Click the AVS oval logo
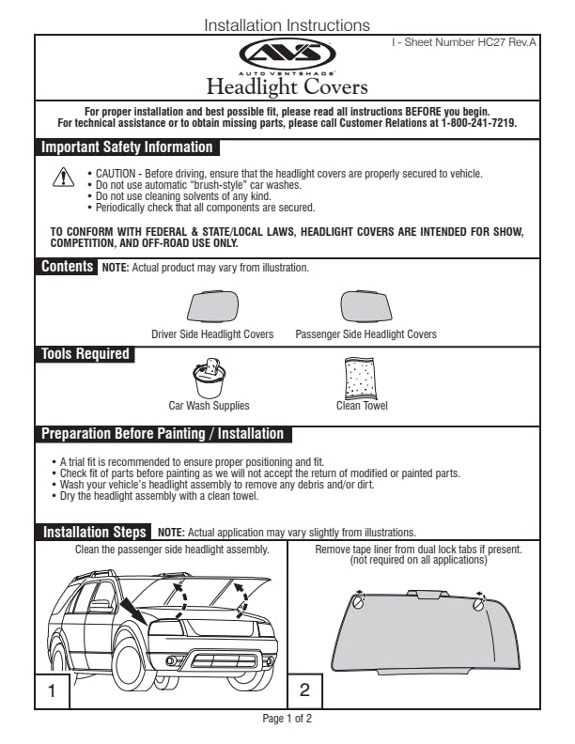(287, 54)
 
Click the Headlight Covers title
(287, 87)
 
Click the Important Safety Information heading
(127, 147)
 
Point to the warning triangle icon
(62, 178)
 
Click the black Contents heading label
(67, 267)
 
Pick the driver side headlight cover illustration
(212, 307)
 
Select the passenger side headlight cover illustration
(365, 307)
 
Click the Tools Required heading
(85, 354)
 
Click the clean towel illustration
(361, 378)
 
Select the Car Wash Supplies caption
(209, 406)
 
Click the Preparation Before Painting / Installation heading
(162, 434)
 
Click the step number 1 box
(53, 692)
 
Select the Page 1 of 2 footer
(287, 719)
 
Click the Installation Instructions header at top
(287, 25)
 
